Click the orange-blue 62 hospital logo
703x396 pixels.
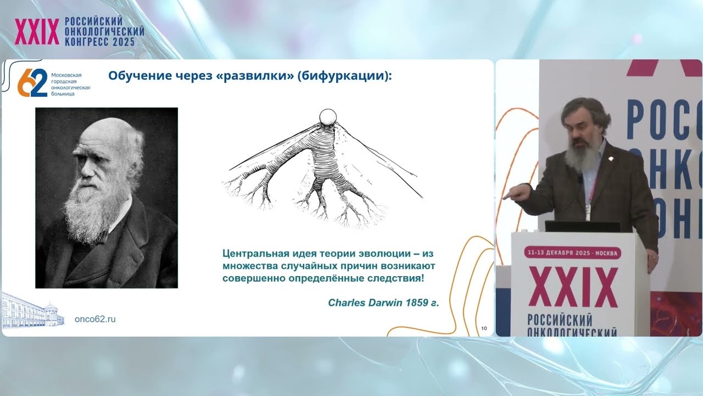coord(32,83)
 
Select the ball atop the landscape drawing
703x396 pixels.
coord(328,117)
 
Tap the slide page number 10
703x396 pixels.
coord(484,328)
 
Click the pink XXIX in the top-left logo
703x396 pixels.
coord(37,31)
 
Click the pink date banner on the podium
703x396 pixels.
coord(572,253)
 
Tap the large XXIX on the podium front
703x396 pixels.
coord(572,287)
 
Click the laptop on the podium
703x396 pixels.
coord(582,227)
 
